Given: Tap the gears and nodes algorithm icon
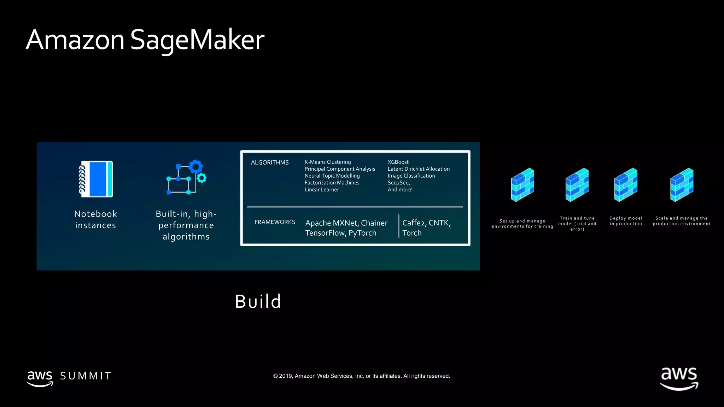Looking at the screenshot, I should [x=186, y=177].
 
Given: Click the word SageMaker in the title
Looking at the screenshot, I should [x=197, y=40].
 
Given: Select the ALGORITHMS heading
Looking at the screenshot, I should [x=270, y=163].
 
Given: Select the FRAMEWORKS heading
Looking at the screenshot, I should [x=275, y=222].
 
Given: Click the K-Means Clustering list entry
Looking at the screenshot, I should [x=328, y=162].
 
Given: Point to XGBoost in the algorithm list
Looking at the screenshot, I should [x=398, y=162].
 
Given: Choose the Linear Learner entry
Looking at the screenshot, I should [x=322, y=190].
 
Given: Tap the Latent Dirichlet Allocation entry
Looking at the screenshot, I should [x=419, y=169].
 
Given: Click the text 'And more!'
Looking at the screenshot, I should [x=400, y=190].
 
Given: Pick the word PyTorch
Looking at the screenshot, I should [x=362, y=233].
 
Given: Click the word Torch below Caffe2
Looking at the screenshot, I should [x=412, y=233].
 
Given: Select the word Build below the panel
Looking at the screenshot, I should [x=258, y=301].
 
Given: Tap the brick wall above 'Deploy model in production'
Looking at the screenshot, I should [x=626, y=185].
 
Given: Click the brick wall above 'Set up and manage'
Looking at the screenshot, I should [x=522, y=185].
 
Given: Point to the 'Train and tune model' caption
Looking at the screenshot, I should [x=577, y=224].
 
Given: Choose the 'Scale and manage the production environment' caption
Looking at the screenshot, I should [x=682, y=221].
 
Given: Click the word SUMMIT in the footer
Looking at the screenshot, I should [x=86, y=376].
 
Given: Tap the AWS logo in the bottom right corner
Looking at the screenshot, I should [x=679, y=378].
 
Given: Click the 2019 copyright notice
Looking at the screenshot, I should [x=362, y=376].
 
